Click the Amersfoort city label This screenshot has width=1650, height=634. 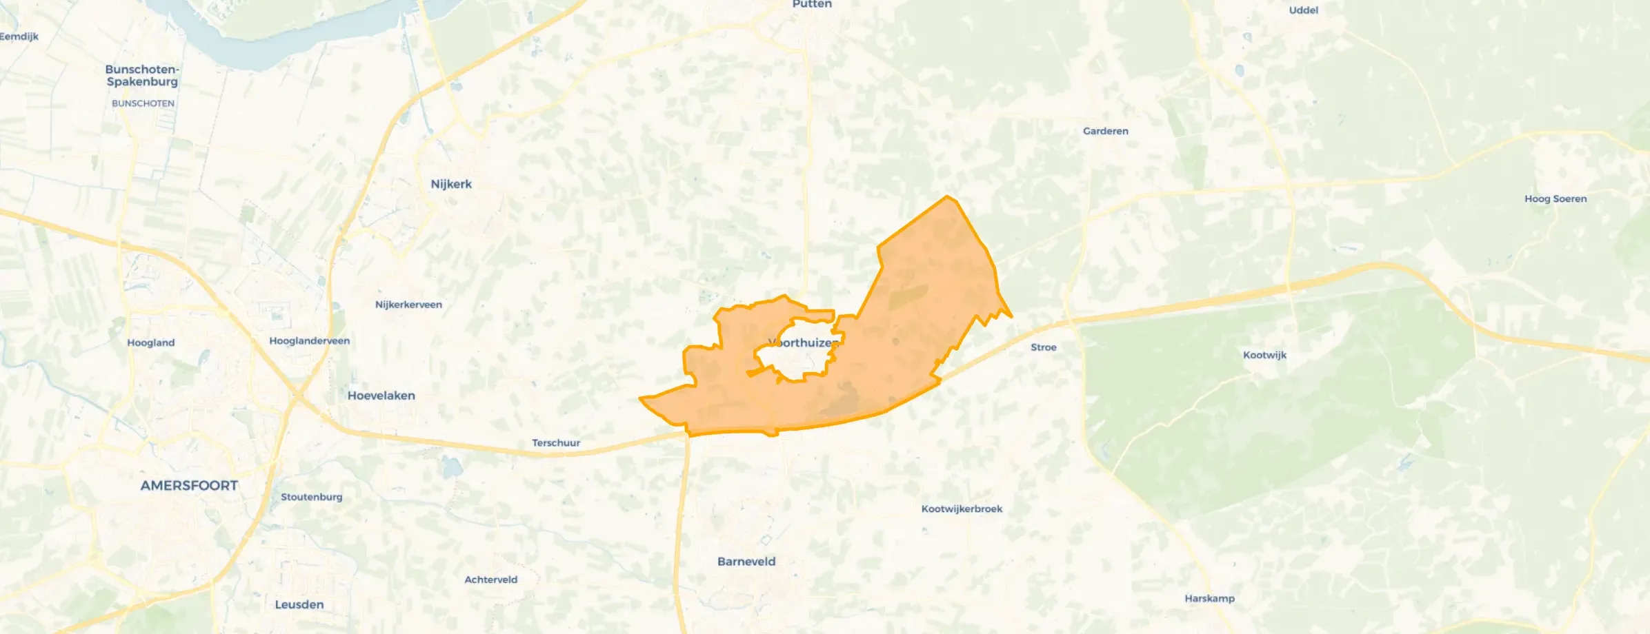click(189, 485)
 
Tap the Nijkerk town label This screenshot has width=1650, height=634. click(451, 184)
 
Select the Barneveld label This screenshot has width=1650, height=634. click(746, 562)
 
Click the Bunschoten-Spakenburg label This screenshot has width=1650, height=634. click(142, 75)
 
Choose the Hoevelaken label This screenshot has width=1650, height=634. click(381, 396)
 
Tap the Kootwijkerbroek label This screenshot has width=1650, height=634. click(962, 509)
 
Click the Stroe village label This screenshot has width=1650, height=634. click(1043, 347)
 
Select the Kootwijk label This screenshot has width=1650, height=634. click(1264, 355)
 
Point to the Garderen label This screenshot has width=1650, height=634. click(1105, 131)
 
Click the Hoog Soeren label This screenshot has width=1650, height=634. click(1555, 198)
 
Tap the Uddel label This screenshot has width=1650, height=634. click(1303, 10)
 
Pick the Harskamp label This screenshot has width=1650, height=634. click(1209, 598)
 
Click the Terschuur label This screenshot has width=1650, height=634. click(555, 443)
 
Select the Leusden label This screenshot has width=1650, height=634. click(299, 604)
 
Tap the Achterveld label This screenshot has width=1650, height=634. click(490, 580)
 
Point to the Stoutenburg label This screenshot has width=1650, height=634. click(311, 497)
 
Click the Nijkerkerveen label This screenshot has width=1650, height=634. click(408, 305)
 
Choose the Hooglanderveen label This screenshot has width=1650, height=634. click(309, 341)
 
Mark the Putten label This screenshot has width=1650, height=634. click(811, 5)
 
